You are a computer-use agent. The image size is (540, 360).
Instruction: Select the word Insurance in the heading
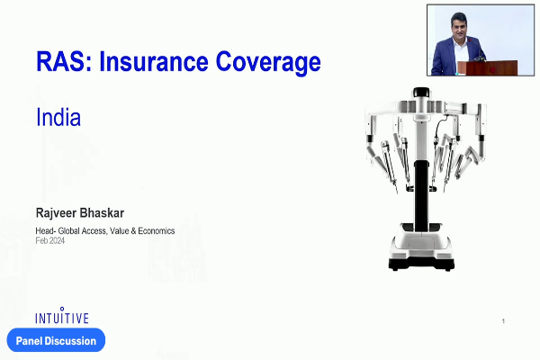coord(154,62)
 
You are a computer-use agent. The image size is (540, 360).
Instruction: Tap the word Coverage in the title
coord(268,63)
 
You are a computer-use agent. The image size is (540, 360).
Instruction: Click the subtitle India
coord(58,117)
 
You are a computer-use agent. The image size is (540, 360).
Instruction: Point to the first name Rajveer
coord(56,213)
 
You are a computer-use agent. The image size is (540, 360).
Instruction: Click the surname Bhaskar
coord(102,213)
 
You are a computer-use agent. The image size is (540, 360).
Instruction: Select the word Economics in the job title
coord(157,230)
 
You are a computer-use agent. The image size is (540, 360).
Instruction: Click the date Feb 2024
coord(49,240)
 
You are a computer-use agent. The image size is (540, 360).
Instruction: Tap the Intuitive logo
coord(62,316)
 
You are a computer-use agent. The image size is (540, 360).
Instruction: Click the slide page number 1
coord(503,321)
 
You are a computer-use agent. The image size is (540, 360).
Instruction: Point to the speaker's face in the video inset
coord(459,26)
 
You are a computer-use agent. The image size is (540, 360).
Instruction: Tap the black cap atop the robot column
coord(421,93)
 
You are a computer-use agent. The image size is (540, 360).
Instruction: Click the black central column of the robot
coord(421,195)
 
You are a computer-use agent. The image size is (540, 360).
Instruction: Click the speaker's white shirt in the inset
coord(461,53)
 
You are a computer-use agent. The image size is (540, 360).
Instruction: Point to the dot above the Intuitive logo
coord(62,309)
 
